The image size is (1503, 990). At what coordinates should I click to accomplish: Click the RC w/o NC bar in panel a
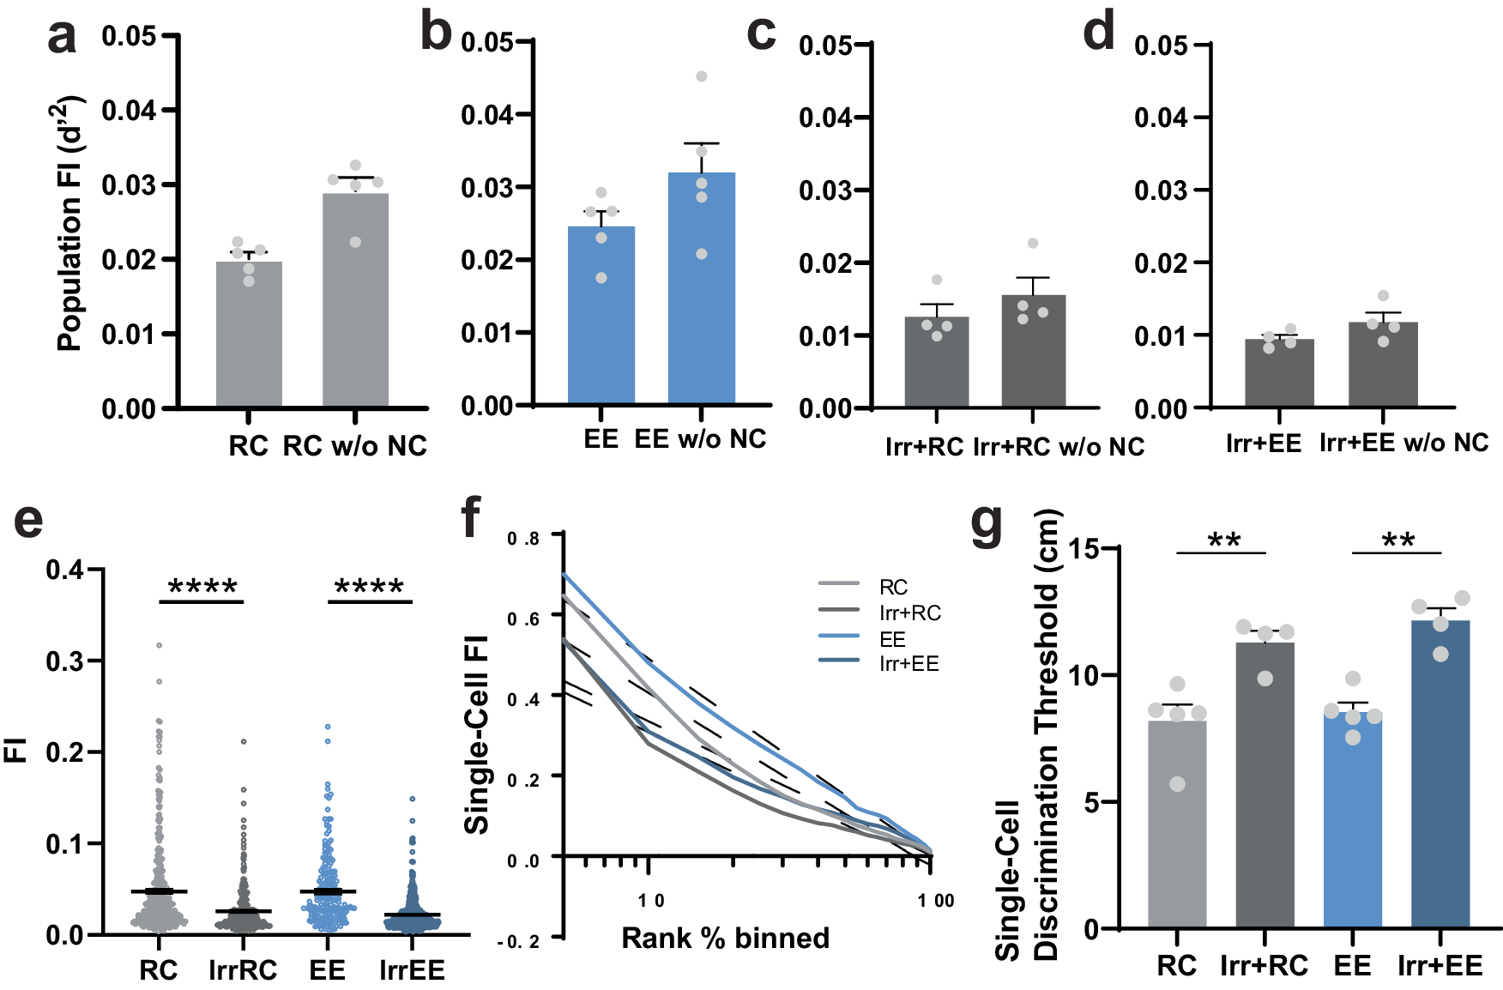(x=355, y=300)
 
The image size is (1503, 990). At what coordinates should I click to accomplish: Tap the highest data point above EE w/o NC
(x=701, y=76)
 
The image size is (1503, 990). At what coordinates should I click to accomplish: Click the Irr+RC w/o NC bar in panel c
(x=1033, y=351)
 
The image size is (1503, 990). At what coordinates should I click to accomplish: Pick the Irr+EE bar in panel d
(x=1278, y=373)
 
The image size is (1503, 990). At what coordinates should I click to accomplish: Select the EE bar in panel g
(x=1352, y=820)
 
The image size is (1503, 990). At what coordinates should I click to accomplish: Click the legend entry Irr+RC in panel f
(x=909, y=613)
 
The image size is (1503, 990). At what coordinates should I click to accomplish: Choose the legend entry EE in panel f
(x=892, y=639)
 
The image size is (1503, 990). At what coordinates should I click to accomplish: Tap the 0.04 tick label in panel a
(x=129, y=110)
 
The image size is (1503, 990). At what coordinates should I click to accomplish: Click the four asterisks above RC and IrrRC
(x=202, y=588)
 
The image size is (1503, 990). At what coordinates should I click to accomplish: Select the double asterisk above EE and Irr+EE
(x=1397, y=541)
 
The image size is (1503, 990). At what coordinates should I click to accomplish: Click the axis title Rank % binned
(x=725, y=938)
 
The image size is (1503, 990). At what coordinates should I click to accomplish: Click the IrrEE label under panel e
(x=412, y=970)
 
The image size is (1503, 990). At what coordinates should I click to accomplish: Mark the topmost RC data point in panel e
(x=159, y=645)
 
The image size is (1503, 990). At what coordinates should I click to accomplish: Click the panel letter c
(x=761, y=34)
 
